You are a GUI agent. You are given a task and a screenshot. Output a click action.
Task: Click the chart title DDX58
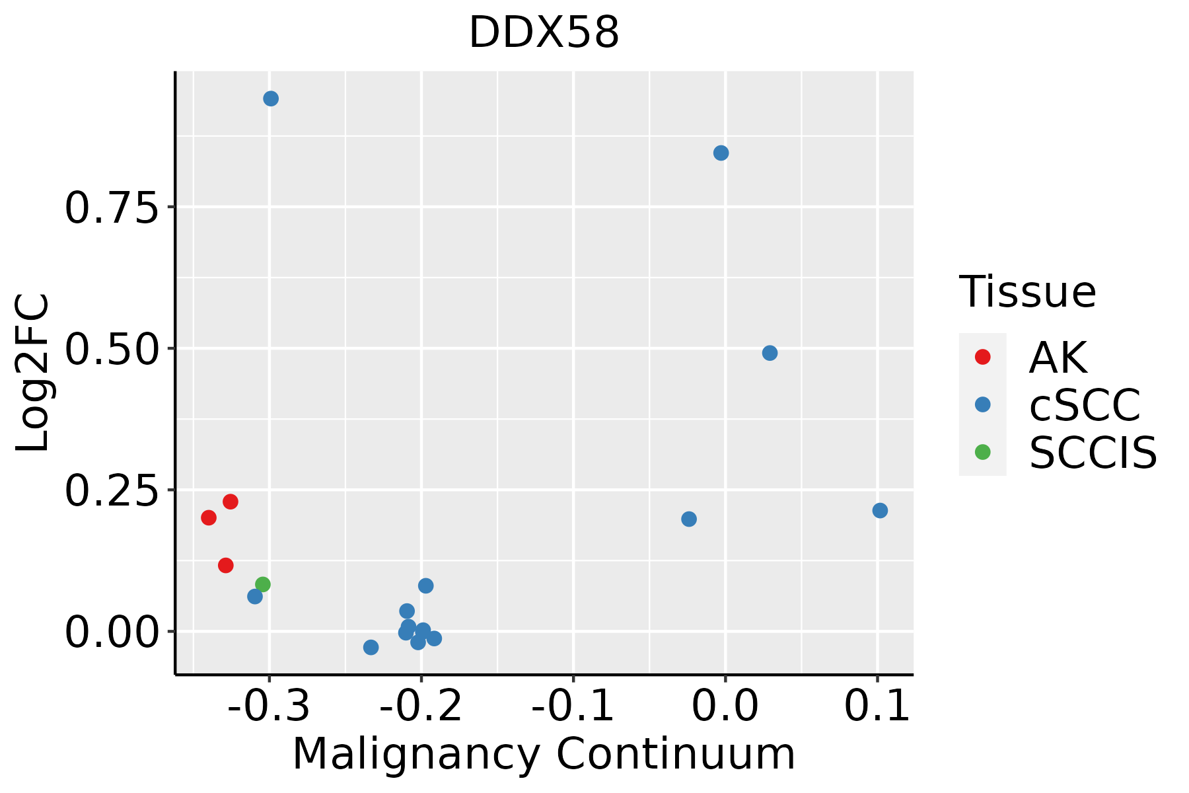click(x=544, y=32)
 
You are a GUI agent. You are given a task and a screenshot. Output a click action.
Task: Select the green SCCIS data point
click(x=263, y=584)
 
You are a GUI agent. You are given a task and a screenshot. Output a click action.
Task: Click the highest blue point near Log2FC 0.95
click(x=271, y=99)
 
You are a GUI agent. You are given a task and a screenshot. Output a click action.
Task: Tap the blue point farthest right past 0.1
click(x=880, y=511)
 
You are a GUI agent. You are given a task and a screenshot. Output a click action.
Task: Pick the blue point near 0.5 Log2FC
click(x=770, y=354)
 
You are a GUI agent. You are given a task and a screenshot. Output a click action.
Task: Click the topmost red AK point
click(x=231, y=502)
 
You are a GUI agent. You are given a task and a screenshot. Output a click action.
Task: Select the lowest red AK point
click(x=226, y=566)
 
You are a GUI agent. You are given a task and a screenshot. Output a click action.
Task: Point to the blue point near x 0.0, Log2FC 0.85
click(x=721, y=153)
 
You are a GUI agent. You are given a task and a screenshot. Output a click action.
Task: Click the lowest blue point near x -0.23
click(x=371, y=648)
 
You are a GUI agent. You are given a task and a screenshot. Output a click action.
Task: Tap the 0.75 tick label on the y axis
click(x=112, y=208)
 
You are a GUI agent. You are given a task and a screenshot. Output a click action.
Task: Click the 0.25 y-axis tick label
click(x=112, y=491)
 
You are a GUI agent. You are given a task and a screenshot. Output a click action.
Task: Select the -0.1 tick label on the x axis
click(x=573, y=706)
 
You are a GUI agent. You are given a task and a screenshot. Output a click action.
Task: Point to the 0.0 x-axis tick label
click(x=725, y=706)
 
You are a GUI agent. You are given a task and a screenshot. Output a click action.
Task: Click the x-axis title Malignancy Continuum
click(x=544, y=754)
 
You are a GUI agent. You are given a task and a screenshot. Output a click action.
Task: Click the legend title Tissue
click(x=1027, y=292)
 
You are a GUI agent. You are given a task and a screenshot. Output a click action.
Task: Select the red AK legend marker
click(x=982, y=357)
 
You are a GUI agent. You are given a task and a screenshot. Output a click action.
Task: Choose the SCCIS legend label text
click(x=1093, y=453)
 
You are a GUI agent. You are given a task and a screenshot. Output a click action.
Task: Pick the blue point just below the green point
click(x=255, y=597)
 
